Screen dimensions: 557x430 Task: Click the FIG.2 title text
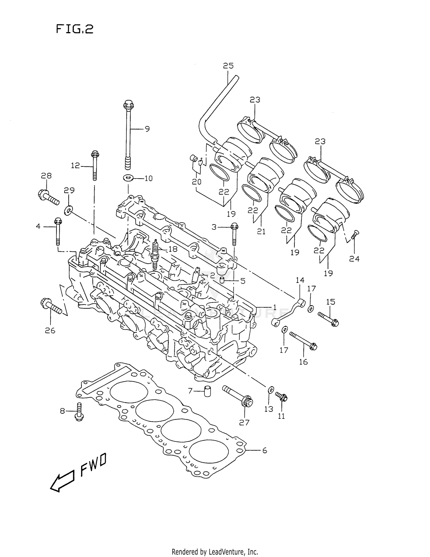(x=75, y=29)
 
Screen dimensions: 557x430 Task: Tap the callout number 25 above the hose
(x=228, y=66)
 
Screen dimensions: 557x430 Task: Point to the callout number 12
(x=75, y=166)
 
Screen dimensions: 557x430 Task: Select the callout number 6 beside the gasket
(x=264, y=451)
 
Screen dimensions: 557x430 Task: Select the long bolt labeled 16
(x=303, y=341)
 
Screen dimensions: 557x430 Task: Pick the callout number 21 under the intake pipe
(x=261, y=231)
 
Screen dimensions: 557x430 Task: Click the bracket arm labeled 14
(x=288, y=313)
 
